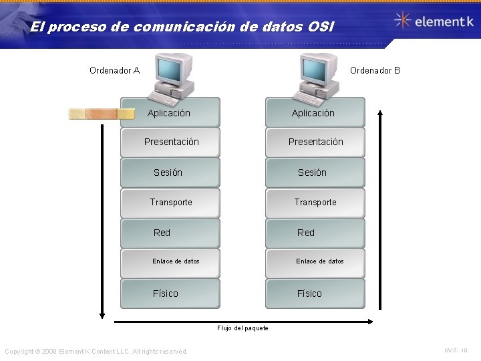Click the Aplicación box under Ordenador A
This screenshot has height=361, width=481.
click(x=170, y=112)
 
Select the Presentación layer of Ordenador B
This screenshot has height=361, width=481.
click(x=315, y=142)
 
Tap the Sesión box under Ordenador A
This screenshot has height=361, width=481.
click(x=170, y=172)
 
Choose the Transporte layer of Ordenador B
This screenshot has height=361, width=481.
click(x=315, y=203)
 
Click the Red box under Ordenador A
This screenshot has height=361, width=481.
click(x=170, y=233)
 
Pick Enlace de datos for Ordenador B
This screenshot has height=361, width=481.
click(x=315, y=261)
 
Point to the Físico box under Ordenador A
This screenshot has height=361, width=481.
click(x=170, y=293)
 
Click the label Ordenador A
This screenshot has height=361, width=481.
click(x=114, y=70)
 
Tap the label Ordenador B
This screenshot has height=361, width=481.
click(x=375, y=70)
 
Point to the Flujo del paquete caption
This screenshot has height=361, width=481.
click(x=243, y=328)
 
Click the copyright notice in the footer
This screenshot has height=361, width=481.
click(x=96, y=352)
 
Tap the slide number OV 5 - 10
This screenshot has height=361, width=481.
click(x=456, y=350)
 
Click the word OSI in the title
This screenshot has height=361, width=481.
click(x=317, y=27)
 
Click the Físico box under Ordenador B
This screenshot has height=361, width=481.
click(x=315, y=293)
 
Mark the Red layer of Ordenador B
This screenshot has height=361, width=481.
click(x=315, y=233)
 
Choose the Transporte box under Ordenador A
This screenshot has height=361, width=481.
click(x=170, y=203)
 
